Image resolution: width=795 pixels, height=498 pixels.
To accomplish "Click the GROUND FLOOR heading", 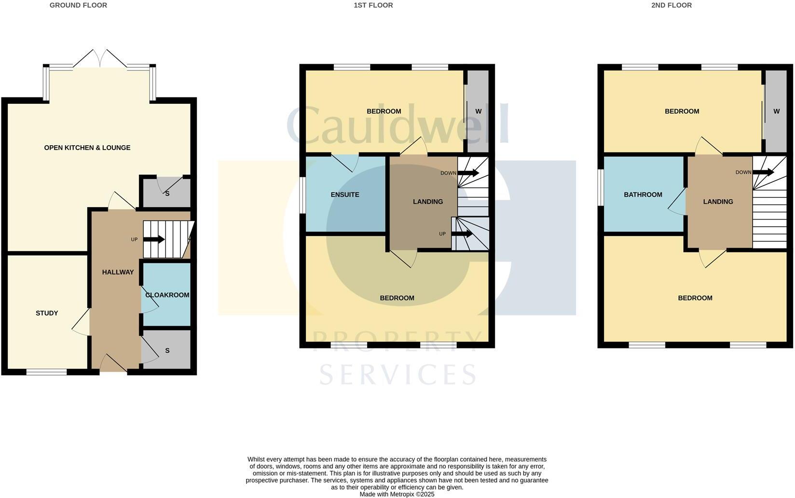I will (78, 5).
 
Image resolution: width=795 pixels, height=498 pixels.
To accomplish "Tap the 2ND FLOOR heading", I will (671, 5).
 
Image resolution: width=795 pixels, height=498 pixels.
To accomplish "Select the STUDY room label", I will (47, 313).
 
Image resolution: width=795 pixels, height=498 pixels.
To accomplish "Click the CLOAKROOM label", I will (167, 295).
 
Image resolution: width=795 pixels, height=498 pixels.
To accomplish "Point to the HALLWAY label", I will (118, 272).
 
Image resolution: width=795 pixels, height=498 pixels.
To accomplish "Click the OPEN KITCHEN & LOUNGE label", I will (87, 148).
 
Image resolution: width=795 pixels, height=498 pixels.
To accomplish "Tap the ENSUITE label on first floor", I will (345, 194).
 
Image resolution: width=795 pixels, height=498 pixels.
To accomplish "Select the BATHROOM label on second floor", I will (643, 194).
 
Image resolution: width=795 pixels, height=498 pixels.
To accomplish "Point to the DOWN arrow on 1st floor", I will (468, 173).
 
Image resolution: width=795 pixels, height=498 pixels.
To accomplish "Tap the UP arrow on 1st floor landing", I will (462, 234).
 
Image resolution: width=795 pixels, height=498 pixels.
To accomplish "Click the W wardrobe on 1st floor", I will (478, 111).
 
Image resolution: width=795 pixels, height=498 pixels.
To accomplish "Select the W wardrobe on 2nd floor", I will (776, 111).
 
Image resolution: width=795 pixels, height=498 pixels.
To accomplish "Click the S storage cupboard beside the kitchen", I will (167, 194).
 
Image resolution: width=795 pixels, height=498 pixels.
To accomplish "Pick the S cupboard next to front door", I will (167, 350).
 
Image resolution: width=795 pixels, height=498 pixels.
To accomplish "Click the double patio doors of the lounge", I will (100, 59).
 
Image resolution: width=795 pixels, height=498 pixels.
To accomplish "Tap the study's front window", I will (46, 372).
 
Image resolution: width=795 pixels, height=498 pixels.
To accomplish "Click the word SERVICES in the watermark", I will (397, 374).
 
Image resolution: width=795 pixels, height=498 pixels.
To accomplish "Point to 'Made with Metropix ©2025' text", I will (397, 494).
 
